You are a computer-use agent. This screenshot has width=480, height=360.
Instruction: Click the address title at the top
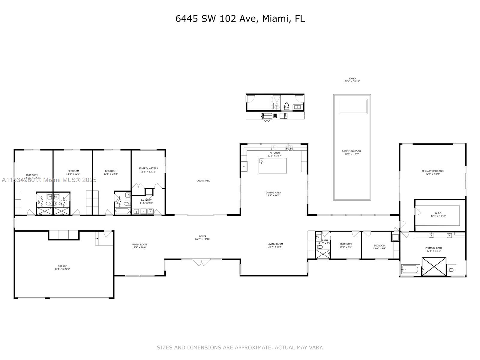[x=240, y=19]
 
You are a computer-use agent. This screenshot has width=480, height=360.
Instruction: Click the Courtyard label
[x=203, y=181]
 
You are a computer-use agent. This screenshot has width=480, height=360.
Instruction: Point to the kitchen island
[x=272, y=166]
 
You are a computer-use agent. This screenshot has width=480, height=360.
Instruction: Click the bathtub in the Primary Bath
[x=410, y=269]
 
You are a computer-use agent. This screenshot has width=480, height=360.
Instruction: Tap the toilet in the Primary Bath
[x=451, y=270]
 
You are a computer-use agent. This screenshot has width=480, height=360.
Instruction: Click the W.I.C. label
[x=438, y=214]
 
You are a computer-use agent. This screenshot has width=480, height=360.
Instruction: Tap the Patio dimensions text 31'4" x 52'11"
[x=352, y=82]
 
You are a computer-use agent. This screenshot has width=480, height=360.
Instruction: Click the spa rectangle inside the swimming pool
[x=353, y=106]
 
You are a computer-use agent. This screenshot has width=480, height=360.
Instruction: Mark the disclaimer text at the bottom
[x=240, y=347]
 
